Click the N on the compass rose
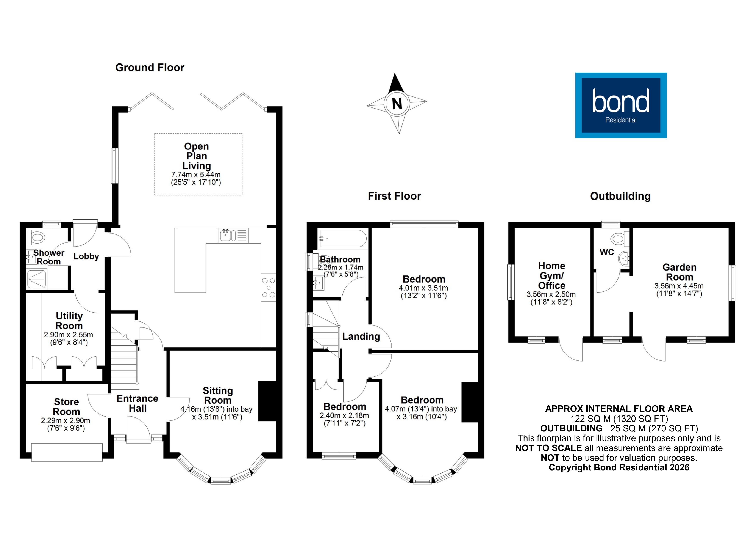tap(397, 104)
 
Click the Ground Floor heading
tap(150, 68)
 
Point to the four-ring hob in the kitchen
tap(269, 287)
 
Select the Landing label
tap(361, 337)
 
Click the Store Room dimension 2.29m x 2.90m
tap(65, 421)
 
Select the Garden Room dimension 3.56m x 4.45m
tap(679, 286)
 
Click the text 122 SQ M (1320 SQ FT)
tap(619, 419)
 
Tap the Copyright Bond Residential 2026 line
tap(619, 467)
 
